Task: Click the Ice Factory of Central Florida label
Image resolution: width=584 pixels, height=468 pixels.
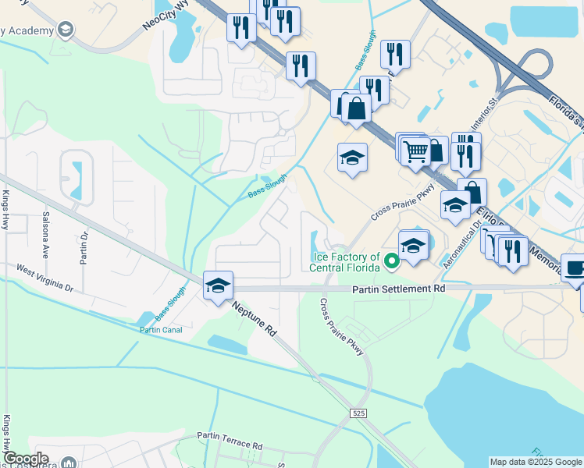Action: click(346, 263)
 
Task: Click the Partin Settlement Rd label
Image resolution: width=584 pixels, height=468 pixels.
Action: click(397, 289)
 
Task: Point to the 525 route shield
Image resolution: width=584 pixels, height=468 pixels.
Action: click(358, 412)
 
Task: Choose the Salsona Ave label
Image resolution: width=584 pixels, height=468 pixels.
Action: click(46, 236)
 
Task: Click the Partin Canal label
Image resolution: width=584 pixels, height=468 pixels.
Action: click(161, 330)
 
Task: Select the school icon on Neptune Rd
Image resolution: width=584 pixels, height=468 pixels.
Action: click(218, 285)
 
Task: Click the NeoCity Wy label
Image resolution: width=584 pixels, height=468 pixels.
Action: click(166, 16)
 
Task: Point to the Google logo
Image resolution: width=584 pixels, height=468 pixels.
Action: click(26, 459)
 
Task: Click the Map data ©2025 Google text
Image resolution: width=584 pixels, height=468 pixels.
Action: click(534, 462)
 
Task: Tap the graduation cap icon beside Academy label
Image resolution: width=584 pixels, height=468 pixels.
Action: click(66, 30)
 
